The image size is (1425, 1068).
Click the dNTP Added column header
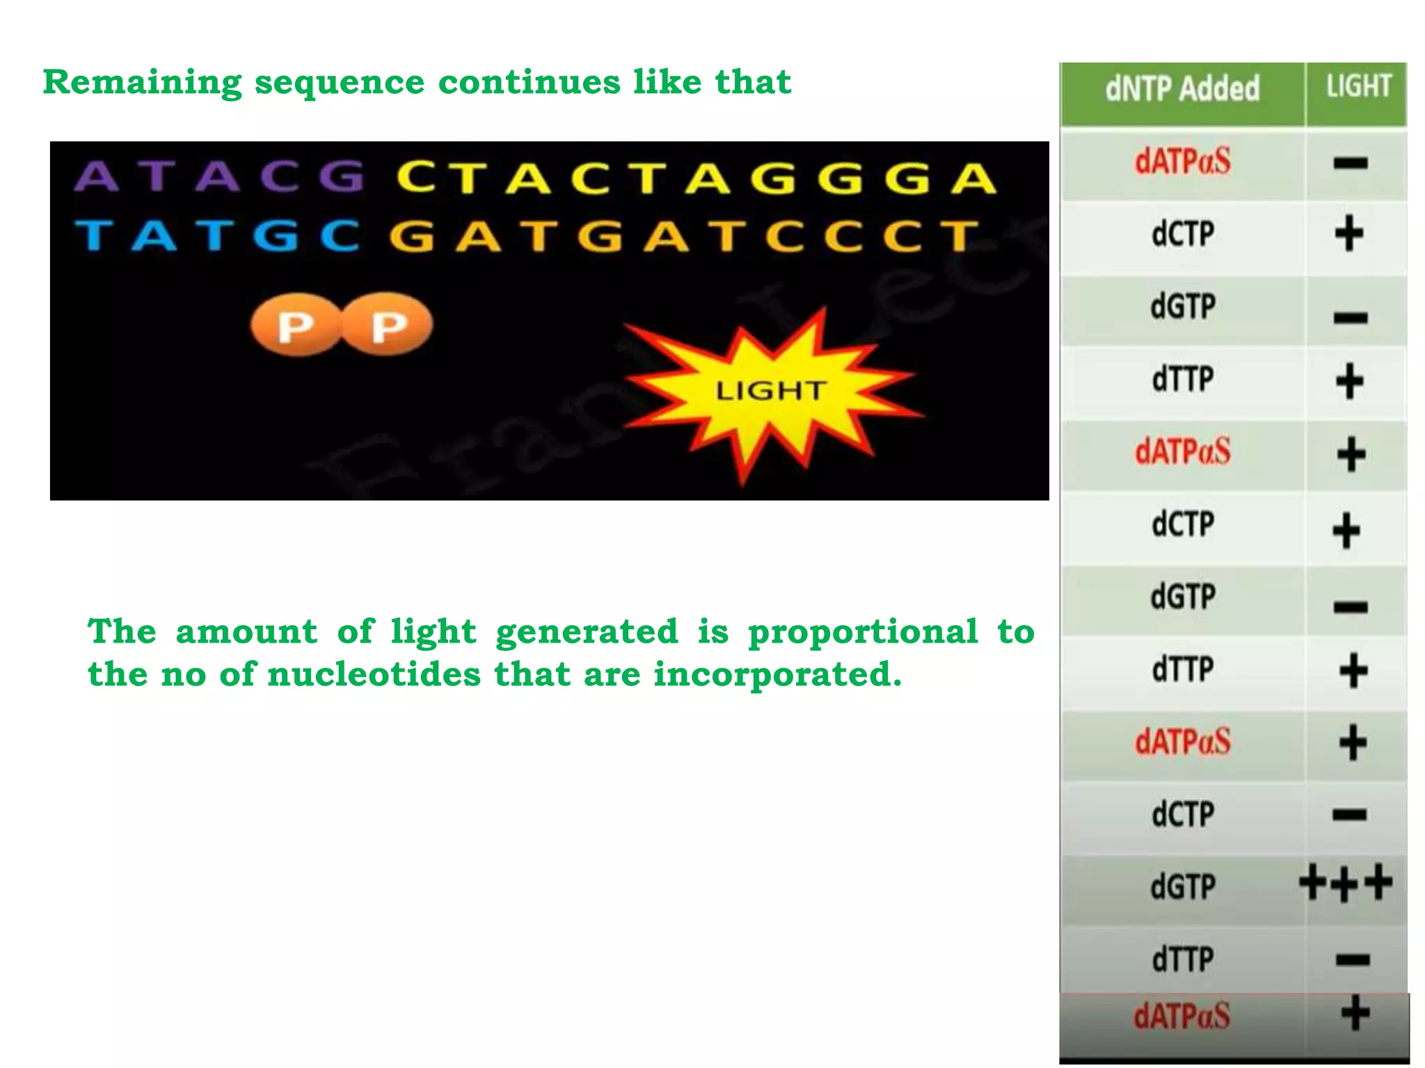point(1182,89)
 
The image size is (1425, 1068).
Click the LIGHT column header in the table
point(1358,87)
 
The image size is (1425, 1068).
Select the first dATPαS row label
point(1182,161)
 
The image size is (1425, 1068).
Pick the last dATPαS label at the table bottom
point(1182,1016)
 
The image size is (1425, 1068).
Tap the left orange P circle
point(296,325)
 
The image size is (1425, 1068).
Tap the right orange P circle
point(388,325)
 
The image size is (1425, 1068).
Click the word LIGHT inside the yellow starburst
point(771,391)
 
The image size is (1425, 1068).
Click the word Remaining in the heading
point(142,83)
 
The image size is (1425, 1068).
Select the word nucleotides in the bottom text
point(374,674)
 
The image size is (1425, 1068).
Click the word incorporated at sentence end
point(777,674)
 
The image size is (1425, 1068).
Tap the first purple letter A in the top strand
point(96,177)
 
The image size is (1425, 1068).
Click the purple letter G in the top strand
point(342,177)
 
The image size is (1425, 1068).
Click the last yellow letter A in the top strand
point(973,178)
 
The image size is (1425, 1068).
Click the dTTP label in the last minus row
point(1182,960)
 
